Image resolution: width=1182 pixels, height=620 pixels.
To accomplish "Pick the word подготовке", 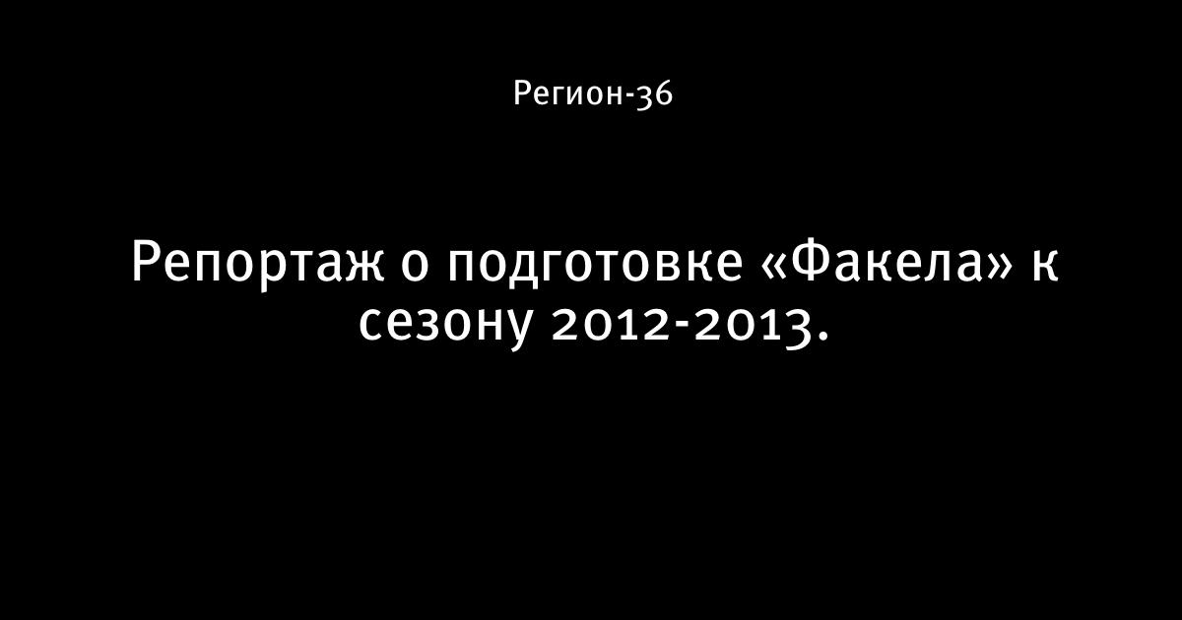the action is (595, 268).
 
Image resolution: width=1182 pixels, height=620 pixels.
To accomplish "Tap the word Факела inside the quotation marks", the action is (886, 263).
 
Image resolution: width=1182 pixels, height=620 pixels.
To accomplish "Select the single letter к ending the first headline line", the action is (1045, 268).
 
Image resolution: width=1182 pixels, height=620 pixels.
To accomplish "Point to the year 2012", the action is (612, 324).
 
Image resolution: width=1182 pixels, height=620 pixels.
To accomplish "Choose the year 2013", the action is (752, 327).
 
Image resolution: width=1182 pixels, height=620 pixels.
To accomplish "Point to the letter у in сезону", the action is (516, 331).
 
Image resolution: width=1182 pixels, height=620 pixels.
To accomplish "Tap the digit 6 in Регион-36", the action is (664, 93).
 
